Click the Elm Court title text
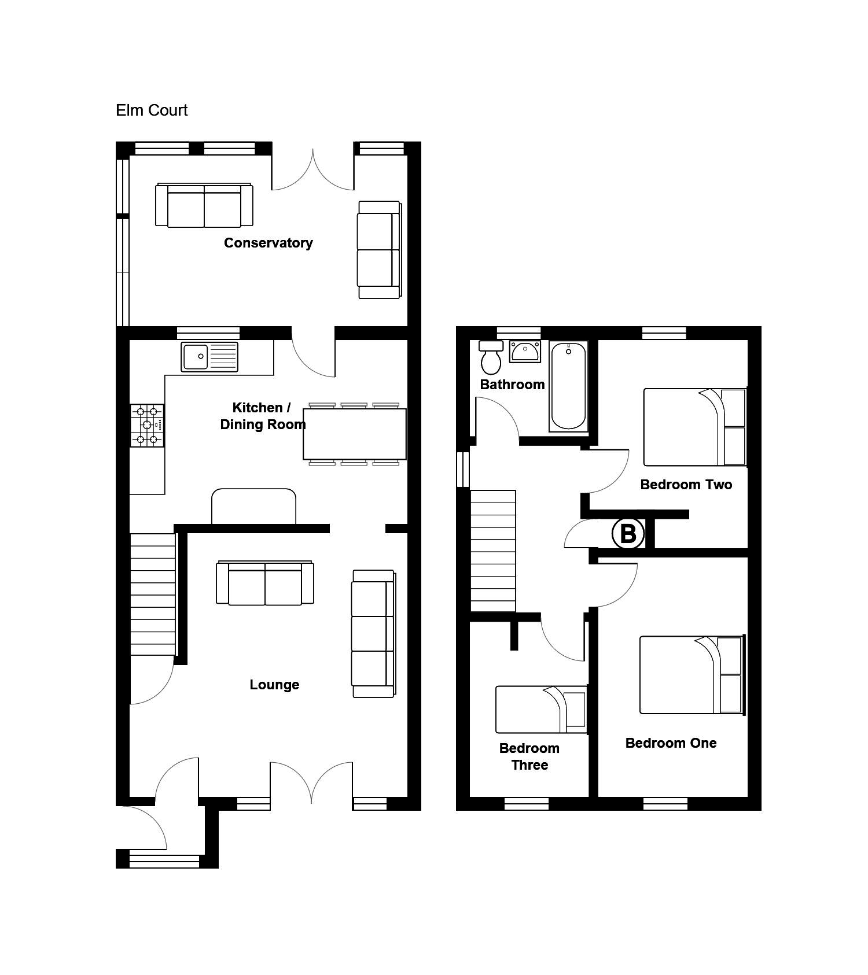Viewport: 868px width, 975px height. point(152,110)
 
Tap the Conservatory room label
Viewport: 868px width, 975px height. point(269,243)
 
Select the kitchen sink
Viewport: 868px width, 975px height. point(209,357)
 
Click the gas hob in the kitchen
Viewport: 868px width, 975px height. point(147,425)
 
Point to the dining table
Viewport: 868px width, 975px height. point(355,434)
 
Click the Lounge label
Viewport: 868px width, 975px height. point(274,685)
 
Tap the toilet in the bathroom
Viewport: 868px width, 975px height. point(491,357)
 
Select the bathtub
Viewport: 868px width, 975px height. point(568,386)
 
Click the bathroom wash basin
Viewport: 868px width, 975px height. point(525,351)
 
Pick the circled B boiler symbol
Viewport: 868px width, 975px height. point(628,533)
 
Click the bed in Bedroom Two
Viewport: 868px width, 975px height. point(695,427)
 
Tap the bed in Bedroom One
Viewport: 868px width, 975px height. point(692,675)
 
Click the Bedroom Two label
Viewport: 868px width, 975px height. point(686,485)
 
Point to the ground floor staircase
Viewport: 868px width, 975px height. point(152,594)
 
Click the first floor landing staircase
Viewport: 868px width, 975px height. point(493,551)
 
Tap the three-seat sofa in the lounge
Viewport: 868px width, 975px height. point(374,634)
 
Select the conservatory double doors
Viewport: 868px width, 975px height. point(313,170)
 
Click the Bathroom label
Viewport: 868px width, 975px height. point(513,385)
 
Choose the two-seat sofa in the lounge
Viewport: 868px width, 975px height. point(265,583)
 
